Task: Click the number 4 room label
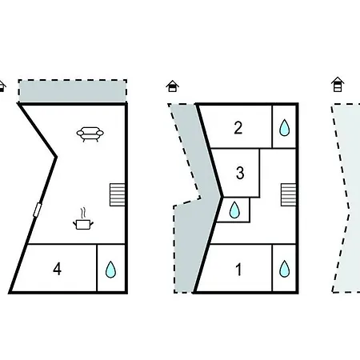[x=58, y=269]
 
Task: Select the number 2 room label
[x=238, y=128]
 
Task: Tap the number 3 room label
[x=240, y=173]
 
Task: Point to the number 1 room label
[x=239, y=270]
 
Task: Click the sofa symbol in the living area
[x=90, y=134]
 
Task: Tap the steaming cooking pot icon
[x=83, y=219]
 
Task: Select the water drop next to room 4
[x=110, y=270]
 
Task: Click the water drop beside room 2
[x=284, y=127]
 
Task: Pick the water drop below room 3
[x=234, y=210]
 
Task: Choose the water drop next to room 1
[x=284, y=269]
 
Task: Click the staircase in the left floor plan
[x=118, y=194]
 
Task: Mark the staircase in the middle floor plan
[x=289, y=194]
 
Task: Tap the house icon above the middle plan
[x=173, y=86]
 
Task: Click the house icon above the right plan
[x=338, y=84]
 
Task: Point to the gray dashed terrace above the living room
[x=73, y=90]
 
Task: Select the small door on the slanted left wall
[x=38, y=210]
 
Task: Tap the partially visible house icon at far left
[x=2, y=86]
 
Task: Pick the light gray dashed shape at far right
[x=346, y=198]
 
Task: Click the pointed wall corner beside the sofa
[x=56, y=157]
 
